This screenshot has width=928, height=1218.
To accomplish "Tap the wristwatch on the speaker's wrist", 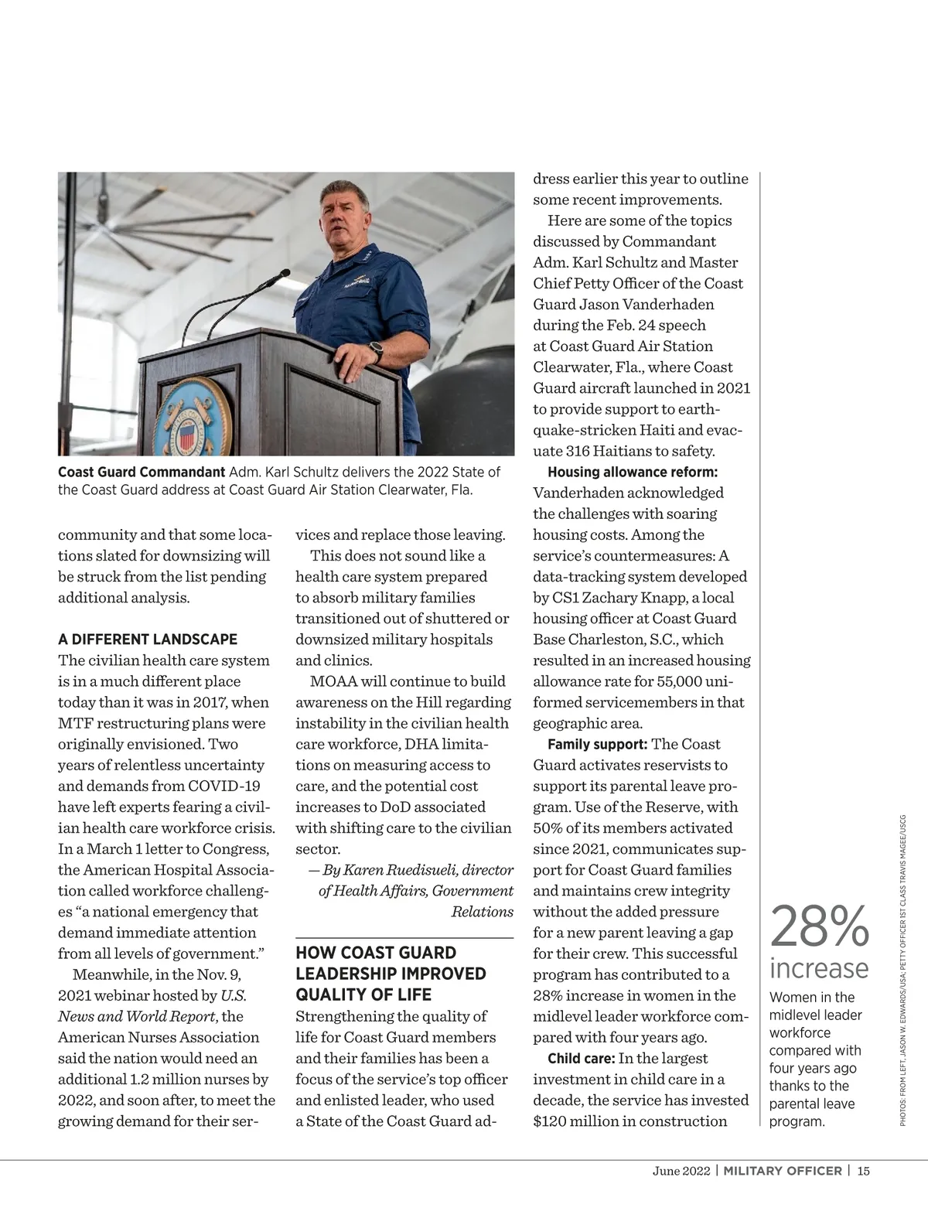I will point(377,351).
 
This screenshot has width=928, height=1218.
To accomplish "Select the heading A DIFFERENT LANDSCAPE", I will point(148,640).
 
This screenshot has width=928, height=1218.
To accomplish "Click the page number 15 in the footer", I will point(863,1171).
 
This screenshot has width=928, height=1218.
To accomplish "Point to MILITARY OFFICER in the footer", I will point(783,1171).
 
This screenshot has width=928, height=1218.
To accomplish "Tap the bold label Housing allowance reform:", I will point(633,472).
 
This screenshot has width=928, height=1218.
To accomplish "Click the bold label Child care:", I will point(581,1059).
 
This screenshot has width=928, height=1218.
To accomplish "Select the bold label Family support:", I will point(597,744).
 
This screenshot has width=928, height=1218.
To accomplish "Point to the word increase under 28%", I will point(819,967).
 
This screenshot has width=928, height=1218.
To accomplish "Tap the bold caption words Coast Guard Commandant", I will point(142,472).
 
